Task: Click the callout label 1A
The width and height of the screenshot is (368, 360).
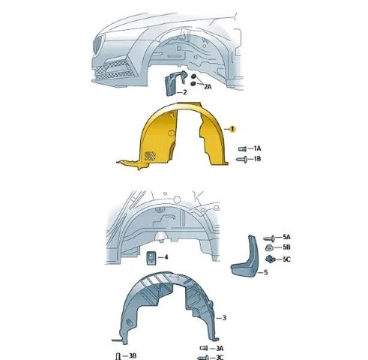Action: (x=257, y=148)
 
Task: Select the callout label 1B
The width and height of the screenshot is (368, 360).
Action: (x=257, y=159)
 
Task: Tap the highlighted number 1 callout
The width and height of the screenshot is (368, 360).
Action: (x=232, y=129)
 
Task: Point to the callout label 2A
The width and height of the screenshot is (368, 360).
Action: (x=208, y=86)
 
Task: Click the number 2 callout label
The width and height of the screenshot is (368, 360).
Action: (x=185, y=92)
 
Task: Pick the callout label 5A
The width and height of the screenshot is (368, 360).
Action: (x=286, y=237)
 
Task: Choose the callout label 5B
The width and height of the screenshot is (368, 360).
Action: (x=286, y=247)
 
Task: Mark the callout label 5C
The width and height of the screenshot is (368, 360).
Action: (x=286, y=259)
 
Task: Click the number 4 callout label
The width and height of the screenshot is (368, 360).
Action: (x=166, y=257)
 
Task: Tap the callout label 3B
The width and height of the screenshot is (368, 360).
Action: (x=133, y=355)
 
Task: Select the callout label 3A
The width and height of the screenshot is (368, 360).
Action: (x=220, y=348)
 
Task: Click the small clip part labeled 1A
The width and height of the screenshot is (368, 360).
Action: (x=242, y=149)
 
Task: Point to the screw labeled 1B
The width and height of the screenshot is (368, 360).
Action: (x=242, y=159)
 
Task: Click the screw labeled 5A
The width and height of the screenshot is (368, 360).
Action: (x=269, y=238)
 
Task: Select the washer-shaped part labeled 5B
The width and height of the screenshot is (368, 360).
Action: (x=269, y=248)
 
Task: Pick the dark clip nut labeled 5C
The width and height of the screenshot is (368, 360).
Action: (x=270, y=259)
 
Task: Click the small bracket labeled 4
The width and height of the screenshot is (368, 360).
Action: (x=151, y=257)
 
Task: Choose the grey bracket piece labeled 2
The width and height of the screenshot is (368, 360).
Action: (x=175, y=82)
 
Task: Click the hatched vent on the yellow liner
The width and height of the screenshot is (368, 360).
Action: (x=150, y=156)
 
